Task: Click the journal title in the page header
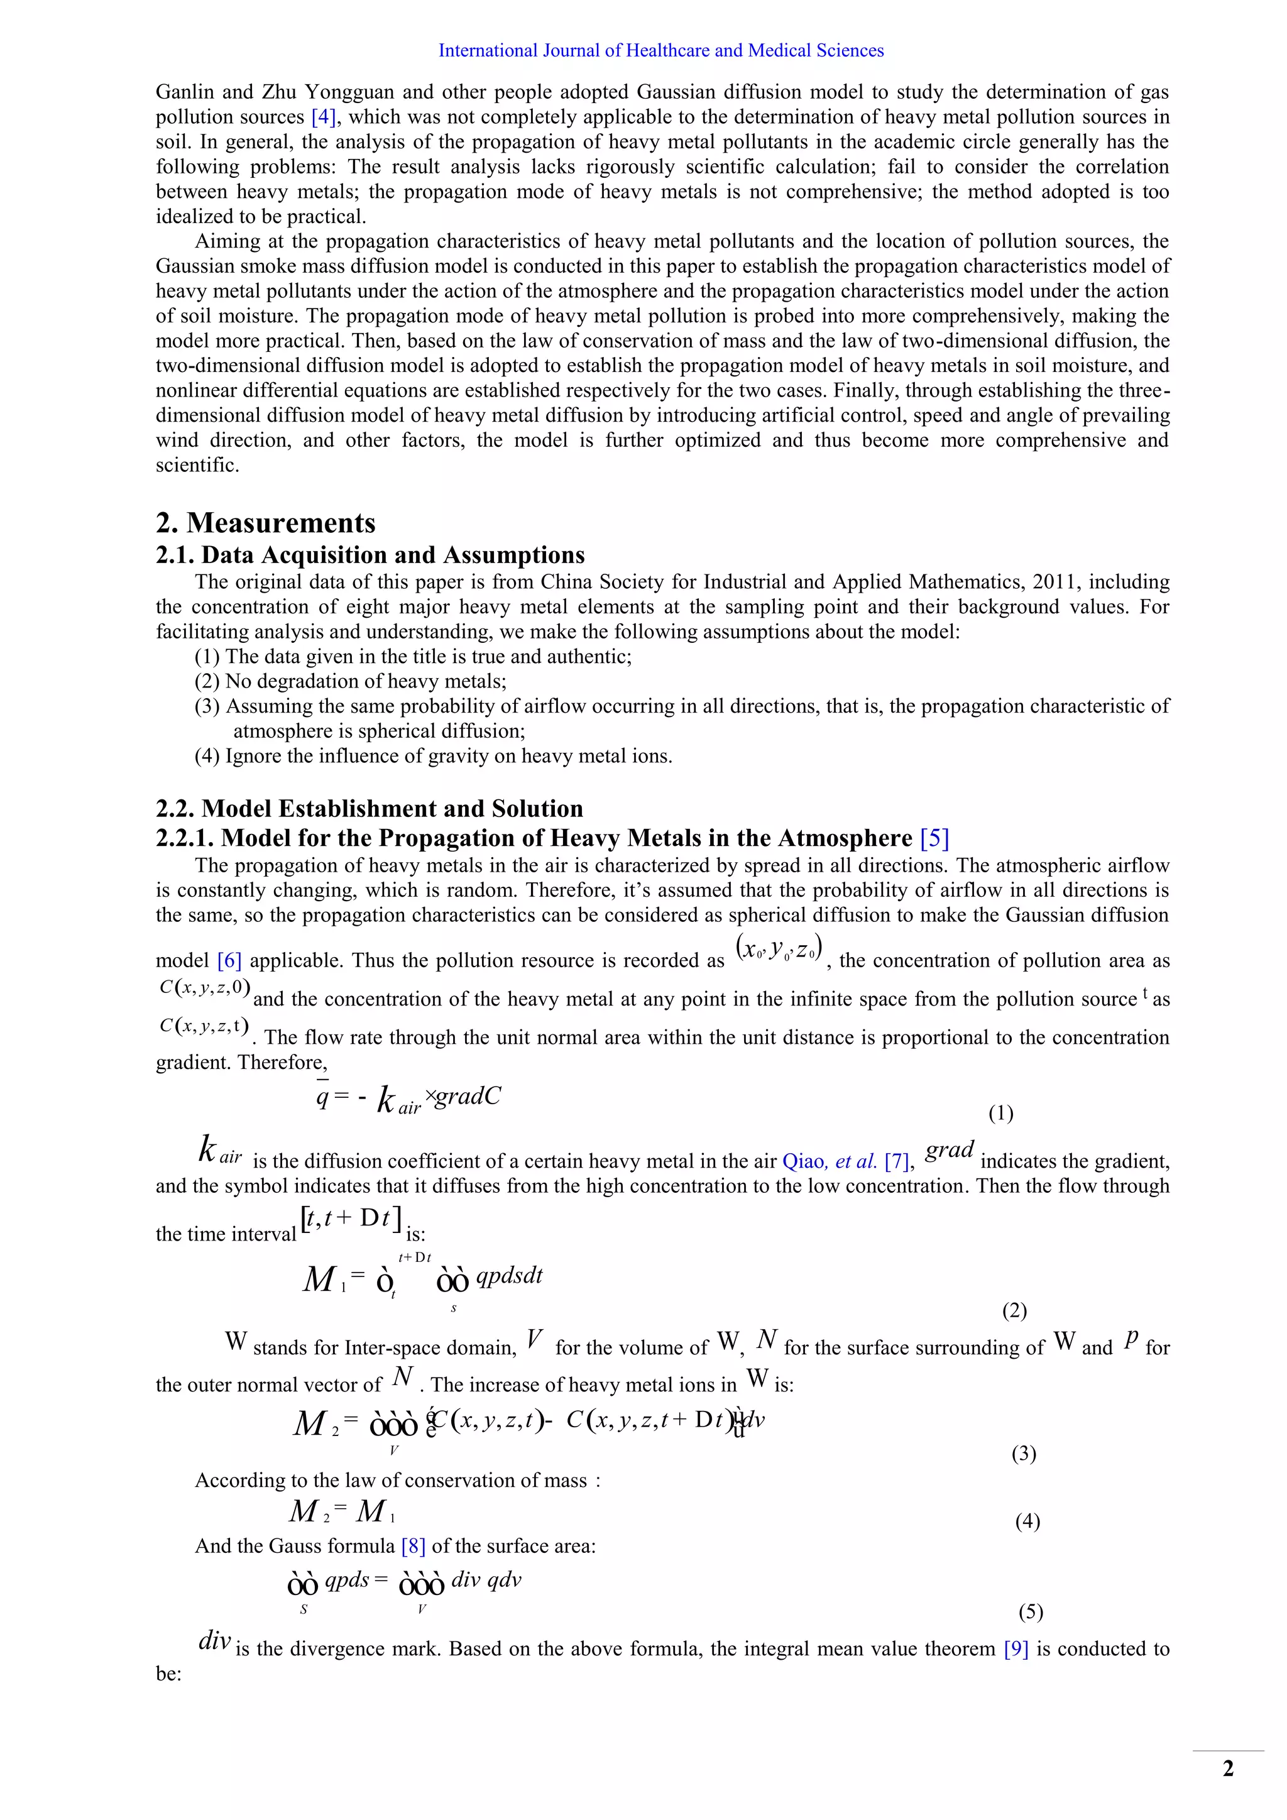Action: tap(661, 51)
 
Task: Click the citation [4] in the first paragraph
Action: tap(324, 118)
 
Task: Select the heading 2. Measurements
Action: tap(265, 523)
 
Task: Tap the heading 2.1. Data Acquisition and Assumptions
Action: tap(370, 555)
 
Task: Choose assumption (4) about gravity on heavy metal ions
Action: tap(434, 755)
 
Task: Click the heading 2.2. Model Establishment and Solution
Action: tap(370, 809)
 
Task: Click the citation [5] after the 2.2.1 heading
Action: tap(934, 838)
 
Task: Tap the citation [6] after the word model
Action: tap(229, 961)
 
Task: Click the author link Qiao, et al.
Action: tap(829, 1161)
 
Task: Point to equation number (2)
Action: tap(1014, 1310)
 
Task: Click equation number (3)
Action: tap(1024, 1453)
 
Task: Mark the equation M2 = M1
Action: tap(342, 1511)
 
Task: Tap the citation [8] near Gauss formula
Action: tap(413, 1546)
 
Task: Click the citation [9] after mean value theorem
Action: tap(1016, 1649)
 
